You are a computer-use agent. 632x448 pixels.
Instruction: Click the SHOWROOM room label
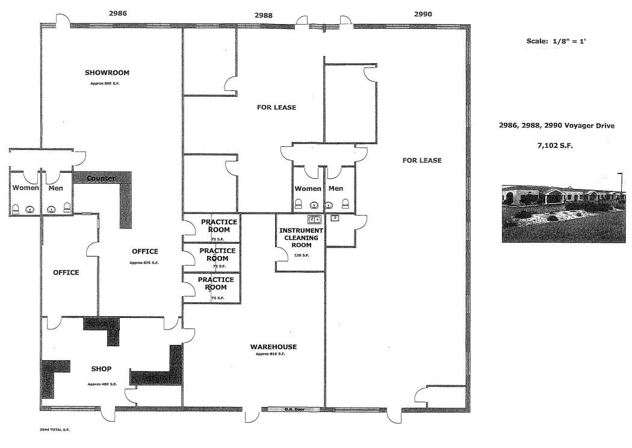click(107, 73)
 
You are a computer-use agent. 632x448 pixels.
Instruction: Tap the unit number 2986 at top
click(119, 13)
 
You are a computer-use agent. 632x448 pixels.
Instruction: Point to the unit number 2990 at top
click(423, 13)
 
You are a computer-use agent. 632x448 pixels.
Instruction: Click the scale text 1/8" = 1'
click(553, 42)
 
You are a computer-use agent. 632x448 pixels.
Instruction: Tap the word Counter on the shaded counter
click(101, 178)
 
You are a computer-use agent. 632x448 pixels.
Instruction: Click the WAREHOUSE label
click(273, 347)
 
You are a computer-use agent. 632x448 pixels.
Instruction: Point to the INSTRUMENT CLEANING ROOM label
click(302, 238)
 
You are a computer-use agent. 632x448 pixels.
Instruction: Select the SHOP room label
click(101, 369)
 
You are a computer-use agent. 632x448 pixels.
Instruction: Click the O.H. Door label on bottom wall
click(296, 410)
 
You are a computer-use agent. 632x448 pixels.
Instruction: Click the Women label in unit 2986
click(25, 188)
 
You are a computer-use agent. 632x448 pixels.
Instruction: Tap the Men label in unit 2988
click(336, 188)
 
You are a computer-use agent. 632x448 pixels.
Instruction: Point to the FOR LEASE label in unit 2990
click(422, 160)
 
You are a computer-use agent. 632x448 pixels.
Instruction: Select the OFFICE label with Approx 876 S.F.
click(144, 252)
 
